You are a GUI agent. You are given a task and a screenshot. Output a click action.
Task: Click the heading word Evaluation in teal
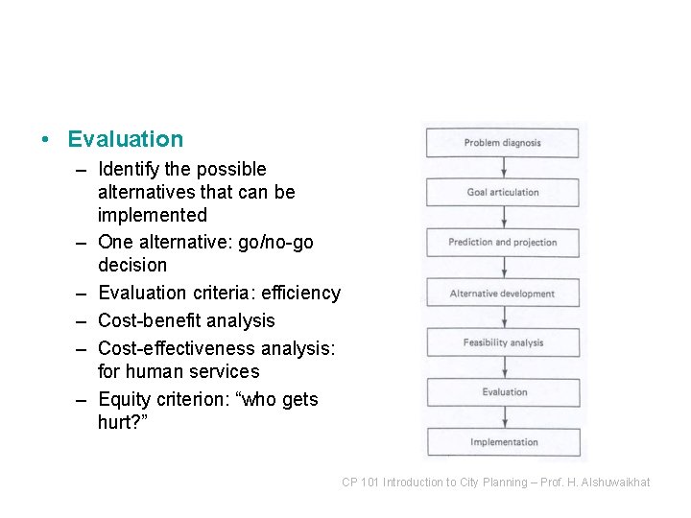point(125,139)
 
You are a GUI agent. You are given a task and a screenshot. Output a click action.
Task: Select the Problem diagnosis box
point(503,143)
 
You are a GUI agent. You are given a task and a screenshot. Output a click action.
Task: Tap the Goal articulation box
point(503,193)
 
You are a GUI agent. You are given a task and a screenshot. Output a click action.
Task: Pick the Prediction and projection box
point(503,243)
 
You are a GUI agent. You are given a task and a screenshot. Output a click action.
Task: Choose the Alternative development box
point(503,294)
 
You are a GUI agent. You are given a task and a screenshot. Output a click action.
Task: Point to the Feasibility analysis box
point(503,343)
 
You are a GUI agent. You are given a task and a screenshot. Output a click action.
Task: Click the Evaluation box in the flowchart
point(503,392)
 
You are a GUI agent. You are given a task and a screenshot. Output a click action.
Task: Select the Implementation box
point(503,442)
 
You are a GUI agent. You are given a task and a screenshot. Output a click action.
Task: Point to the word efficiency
point(299,294)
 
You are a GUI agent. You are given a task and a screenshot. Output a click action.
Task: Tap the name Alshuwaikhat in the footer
point(614,483)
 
